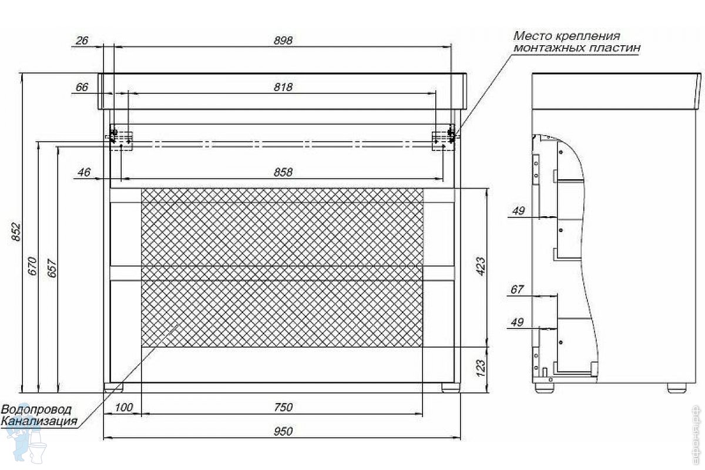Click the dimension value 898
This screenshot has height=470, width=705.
pyautogui.click(x=283, y=41)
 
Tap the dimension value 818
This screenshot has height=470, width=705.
pyautogui.click(x=283, y=87)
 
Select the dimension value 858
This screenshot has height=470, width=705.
pyautogui.click(x=283, y=172)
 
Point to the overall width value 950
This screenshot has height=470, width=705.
pyautogui.click(x=283, y=431)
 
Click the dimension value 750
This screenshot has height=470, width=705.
pyautogui.click(x=283, y=407)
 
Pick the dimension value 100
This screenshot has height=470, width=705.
pyautogui.click(x=124, y=407)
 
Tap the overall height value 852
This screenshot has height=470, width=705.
pyautogui.click(x=16, y=231)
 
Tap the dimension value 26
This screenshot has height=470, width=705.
pyautogui.click(x=82, y=41)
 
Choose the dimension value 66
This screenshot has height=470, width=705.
pyautogui.click(x=82, y=87)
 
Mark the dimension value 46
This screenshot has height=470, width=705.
pyautogui.click(x=83, y=172)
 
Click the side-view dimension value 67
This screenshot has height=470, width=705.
pyautogui.click(x=517, y=289)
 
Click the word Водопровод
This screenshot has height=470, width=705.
pyautogui.click(x=36, y=409)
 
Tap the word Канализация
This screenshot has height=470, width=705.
pyautogui.click(x=39, y=421)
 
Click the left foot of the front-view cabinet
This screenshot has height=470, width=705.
pyautogui.click(x=113, y=387)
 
